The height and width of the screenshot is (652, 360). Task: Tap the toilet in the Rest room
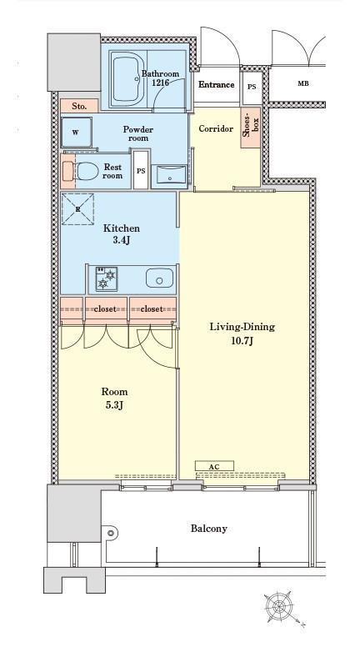[83, 171]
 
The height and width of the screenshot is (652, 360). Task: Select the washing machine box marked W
[77, 133]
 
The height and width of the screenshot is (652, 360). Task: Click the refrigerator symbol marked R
[77, 209]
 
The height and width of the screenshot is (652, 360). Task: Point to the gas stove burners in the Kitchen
[107, 278]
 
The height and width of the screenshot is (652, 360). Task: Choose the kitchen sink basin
[160, 278]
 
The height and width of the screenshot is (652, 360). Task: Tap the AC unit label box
[214, 466]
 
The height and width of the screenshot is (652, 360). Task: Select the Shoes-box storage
[250, 128]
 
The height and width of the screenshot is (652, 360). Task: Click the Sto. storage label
[79, 106]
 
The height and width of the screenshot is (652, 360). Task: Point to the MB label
[303, 83]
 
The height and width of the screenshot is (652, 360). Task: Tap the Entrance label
[216, 84]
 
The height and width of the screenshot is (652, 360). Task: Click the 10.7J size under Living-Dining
[242, 342]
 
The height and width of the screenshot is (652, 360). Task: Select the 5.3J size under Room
[114, 405]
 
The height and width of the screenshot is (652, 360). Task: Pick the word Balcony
[209, 529]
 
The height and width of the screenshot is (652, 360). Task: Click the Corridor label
[216, 128]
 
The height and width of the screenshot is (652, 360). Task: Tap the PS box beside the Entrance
[252, 88]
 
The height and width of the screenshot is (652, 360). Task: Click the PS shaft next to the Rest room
[141, 170]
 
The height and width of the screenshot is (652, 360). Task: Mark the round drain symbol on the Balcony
[111, 533]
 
